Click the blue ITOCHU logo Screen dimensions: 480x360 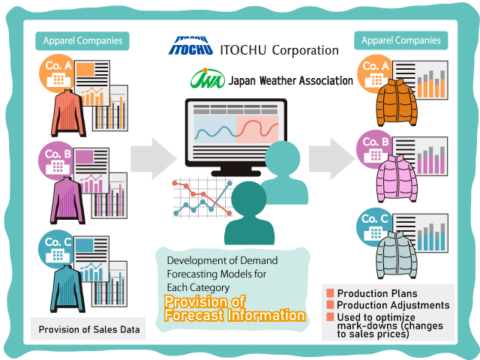pyautogui.click(x=190, y=46)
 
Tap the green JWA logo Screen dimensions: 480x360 pyautogui.click(x=208, y=79)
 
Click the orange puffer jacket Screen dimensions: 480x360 pyautogui.click(x=397, y=103)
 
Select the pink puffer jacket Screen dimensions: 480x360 pyautogui.click(x=397, y=178)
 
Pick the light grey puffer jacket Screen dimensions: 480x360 pyautogui.click(x=397, y=255)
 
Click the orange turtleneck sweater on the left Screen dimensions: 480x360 pyautogui.click(x=68, y=113)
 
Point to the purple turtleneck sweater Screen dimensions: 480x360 pyautogui.click(x=67, y=200)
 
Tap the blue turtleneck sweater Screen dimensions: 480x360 pyautogui.click(x=67, y=289)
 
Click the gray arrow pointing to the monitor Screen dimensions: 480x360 pyautogui.click(x=153, y=158)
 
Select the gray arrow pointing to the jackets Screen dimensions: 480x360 pyautogui.click(x=331, y=158)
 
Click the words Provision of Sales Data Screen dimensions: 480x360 pyautogui.click(x=89, y=329)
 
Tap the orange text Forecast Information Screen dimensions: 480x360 pyautogui.click(x=235, y=315)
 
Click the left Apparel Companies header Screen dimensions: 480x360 pyautogui.click(x=82, y=40)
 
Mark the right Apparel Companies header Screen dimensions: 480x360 pyautogui.click(x=401, y=40)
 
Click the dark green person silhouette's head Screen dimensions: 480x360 pyautogui.click(x=249, y=198)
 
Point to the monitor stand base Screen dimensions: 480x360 pyautogui.click(x=235, y=173)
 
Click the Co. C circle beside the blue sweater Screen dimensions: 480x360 pyautogui.click(x=56, y=249)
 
